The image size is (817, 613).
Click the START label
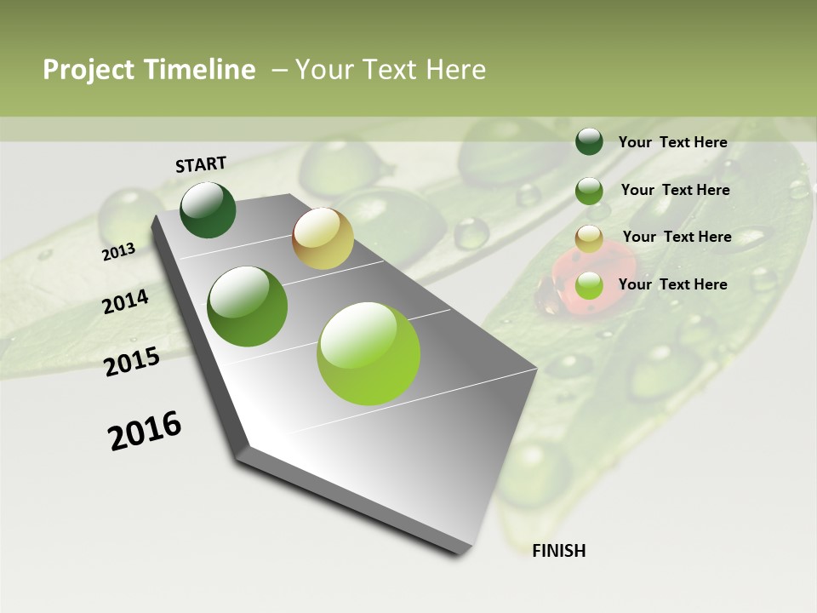point(201,163)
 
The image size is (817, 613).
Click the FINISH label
point(558,551)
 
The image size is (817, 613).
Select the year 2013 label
point(118,251)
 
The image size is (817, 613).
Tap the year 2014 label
point(125,301)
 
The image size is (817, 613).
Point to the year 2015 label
point(131,362)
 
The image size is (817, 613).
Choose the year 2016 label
point(144,431)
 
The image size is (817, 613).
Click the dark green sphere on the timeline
point(208,209)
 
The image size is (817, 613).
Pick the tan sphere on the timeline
point(323,238)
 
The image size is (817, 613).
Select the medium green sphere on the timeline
point(248,306)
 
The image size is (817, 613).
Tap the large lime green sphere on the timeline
point(369,352)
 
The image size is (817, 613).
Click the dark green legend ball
point(589,141)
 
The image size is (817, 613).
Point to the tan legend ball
point(589,238)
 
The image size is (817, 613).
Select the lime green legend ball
point(589,286)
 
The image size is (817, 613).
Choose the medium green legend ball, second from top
point(589,191)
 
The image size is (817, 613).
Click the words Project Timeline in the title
point(149,70)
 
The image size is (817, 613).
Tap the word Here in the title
point(454,70)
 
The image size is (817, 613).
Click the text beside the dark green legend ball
point(672,142)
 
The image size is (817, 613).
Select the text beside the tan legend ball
point(677,237)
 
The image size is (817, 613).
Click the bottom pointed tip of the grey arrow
point(464,552)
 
